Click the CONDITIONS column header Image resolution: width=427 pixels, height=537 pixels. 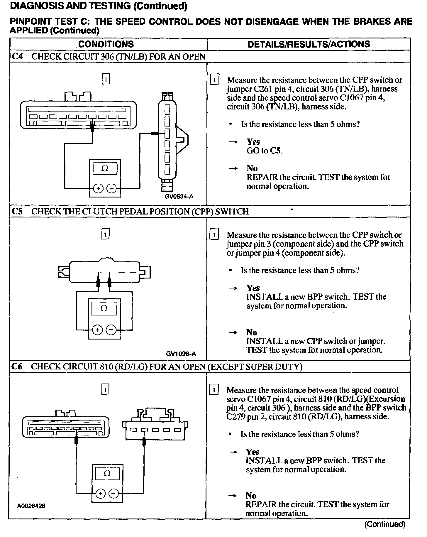(106, 44)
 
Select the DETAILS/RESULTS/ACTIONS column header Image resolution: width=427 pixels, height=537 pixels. (309, 44)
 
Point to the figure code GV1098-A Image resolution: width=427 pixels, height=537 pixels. (181, 354)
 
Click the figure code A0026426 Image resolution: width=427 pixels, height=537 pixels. (31, 506)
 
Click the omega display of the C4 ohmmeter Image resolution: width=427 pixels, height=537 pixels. (105, 168)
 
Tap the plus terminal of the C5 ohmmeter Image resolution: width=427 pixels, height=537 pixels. (97, 330)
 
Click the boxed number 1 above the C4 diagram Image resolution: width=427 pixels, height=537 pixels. (106, 79)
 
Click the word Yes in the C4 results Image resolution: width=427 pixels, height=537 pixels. (253, 142)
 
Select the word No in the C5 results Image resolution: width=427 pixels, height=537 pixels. (252, 332)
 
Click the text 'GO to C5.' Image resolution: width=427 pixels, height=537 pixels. (265, 151)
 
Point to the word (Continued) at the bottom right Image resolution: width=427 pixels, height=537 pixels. (384, 524)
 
